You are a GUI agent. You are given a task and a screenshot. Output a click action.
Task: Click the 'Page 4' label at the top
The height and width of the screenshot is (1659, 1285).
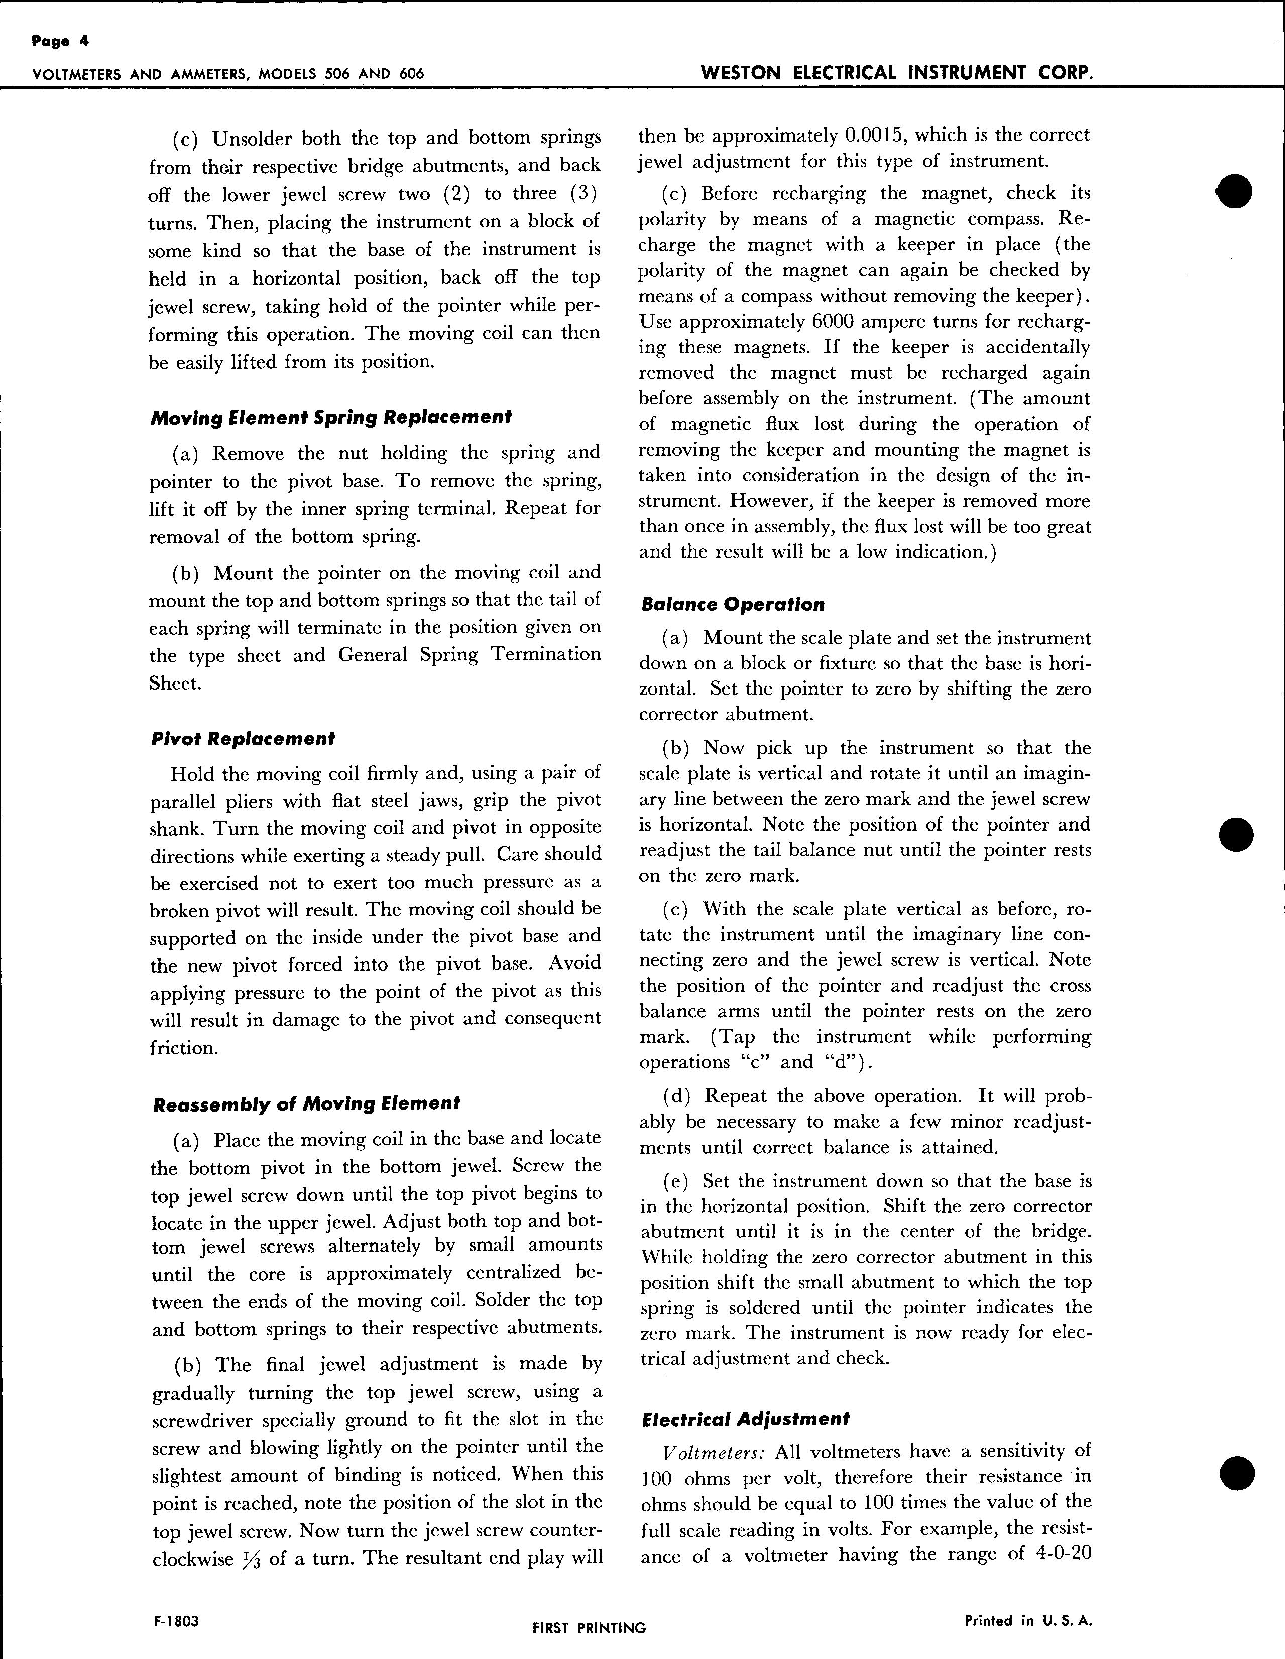[60, 42]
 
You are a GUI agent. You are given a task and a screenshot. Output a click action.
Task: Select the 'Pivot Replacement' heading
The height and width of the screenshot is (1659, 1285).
[243, 738]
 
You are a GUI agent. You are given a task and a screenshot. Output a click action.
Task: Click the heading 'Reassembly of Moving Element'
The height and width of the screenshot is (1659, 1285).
[306, 1103]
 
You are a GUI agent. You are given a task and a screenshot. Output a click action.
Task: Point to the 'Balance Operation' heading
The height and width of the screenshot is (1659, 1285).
[733, 605]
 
